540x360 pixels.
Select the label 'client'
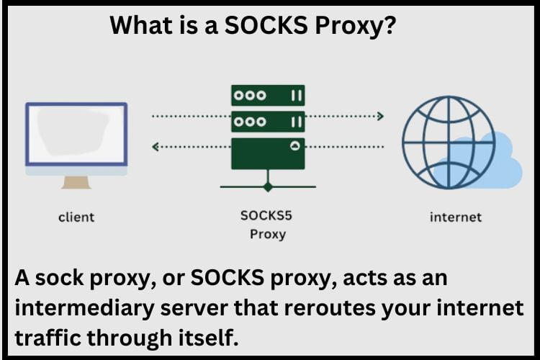pos(76,216)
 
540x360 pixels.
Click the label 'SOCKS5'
pos(267,215)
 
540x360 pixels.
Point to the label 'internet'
pos(455,216)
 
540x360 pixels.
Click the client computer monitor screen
pos(76,135)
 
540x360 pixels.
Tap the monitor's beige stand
pos(76,182)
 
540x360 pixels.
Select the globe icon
pos(448,141)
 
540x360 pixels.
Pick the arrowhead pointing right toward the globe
pos(380,115)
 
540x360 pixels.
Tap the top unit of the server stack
pos(267,95)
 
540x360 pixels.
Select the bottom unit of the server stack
pos(267,153)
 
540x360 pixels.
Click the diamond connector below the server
pos(268,186)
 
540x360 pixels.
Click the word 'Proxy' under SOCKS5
pos(267,234)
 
